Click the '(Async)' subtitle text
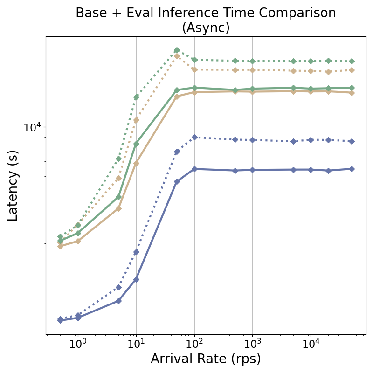206,28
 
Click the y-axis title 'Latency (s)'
13,186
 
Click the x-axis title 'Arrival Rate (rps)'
206,359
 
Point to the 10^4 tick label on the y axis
32,127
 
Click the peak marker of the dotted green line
177,50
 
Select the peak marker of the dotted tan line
177,56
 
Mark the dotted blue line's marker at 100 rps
194,137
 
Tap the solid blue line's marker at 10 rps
136,279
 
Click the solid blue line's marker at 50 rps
177,181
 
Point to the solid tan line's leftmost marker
60,246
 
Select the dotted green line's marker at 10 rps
136,97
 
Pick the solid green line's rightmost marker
352,88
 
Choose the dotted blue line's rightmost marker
352,141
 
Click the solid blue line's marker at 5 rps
118,301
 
